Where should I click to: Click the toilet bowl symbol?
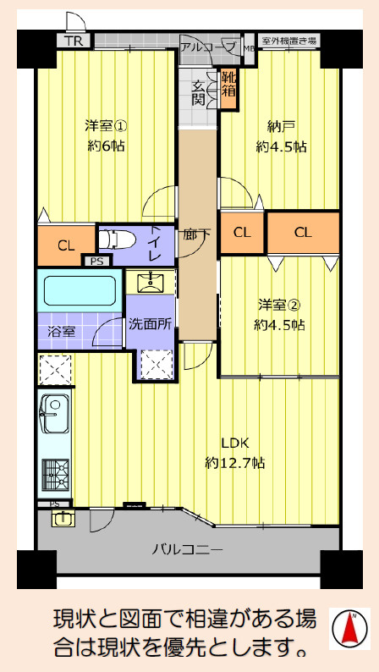(x=117, y=240)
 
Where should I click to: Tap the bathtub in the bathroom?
(x=80, y=290)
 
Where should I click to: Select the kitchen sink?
(x=54, y=415)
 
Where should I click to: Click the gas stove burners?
(x=55, y=475)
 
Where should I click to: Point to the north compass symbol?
(x=349, y=630)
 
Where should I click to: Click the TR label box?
(x=74, y=41)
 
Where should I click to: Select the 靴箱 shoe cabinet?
(x=228, y=88)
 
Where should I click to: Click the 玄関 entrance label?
(x=199, y=92)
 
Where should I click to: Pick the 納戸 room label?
(x=281, y=127)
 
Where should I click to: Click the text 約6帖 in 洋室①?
(x=107, y=146)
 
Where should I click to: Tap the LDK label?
(x=234, y=443)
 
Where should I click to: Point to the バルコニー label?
(x=188, y=549)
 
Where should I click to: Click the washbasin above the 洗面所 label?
(x=151, y=282)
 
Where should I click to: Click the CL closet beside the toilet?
(x=66, y=245)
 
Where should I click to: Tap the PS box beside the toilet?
(x=96, y=261)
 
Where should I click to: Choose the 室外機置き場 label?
(x=289, y=41)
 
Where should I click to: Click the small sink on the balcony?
(x=63, y=519)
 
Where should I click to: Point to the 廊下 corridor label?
(x=197, y=234)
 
